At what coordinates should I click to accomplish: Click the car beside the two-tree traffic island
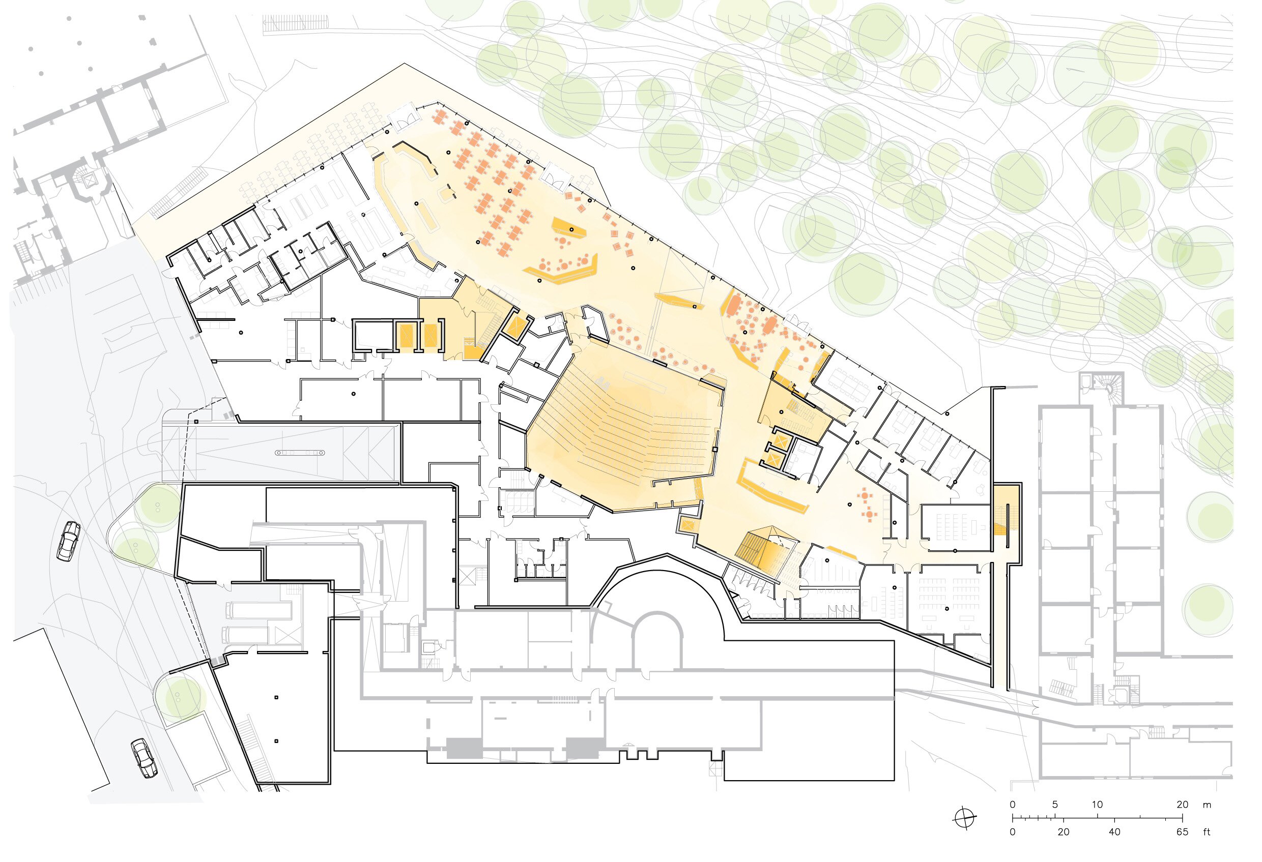(x=69, y=541)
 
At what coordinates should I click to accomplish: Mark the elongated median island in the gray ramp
(x=300, y=452)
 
